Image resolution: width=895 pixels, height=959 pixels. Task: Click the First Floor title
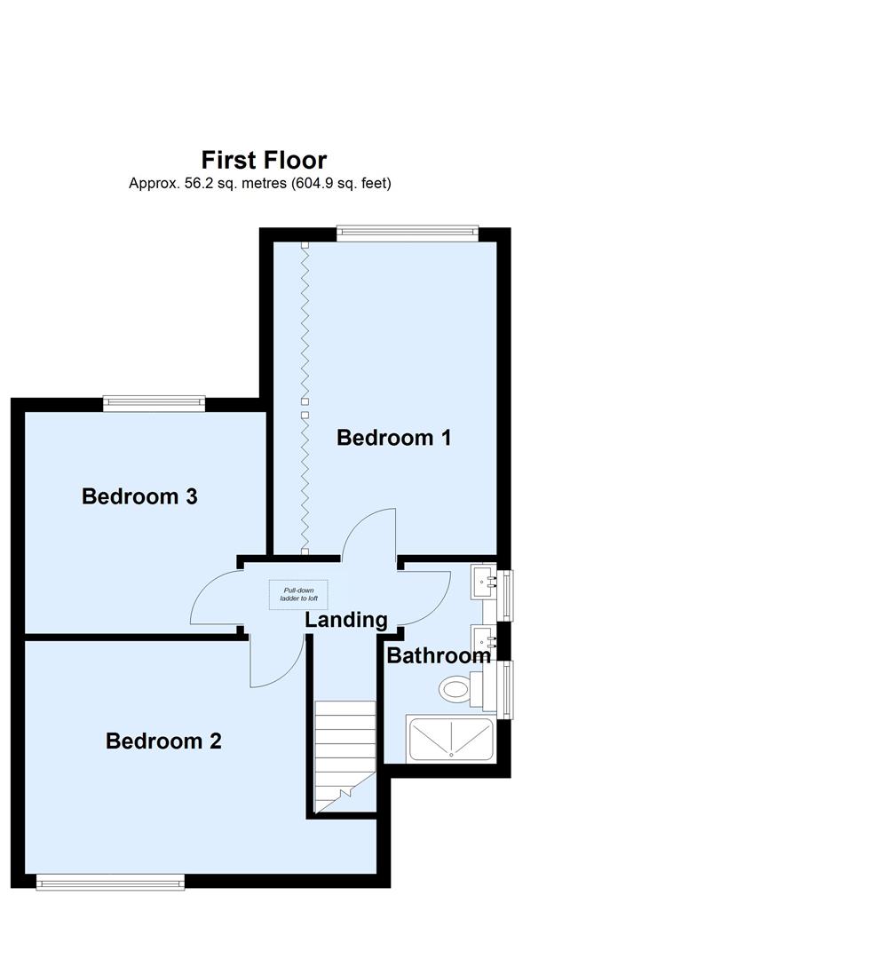264,160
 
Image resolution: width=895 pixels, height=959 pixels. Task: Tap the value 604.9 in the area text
311,184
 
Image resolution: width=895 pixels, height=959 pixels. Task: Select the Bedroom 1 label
394,437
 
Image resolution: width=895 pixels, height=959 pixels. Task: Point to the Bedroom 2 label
163,741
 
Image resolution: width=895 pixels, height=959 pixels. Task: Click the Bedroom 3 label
139,496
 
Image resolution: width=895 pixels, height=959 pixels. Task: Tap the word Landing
346,620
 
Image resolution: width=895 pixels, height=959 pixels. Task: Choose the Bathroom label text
439,656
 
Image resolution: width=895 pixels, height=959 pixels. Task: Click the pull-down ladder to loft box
298,594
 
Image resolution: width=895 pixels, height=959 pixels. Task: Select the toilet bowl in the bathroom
455,688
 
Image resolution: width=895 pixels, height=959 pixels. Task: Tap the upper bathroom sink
485,583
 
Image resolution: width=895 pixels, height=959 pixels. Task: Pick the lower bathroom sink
485,638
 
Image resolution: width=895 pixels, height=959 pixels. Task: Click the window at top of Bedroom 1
408,234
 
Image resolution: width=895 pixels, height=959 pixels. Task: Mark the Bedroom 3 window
154,403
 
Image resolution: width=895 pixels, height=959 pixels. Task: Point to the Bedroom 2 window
110,881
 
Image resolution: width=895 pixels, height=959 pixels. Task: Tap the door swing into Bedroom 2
275,664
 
